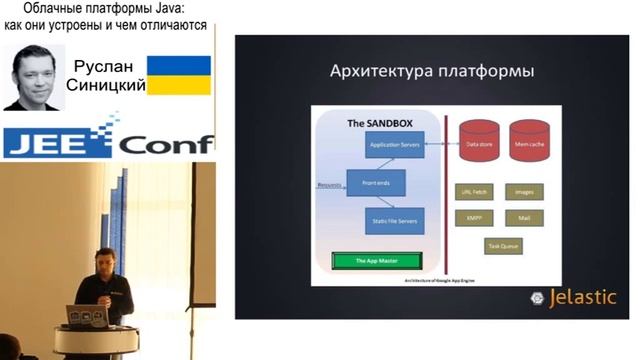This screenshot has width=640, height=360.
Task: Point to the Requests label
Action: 330,185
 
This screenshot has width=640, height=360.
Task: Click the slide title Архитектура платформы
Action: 431,72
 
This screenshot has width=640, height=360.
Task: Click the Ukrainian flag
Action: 179,75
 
